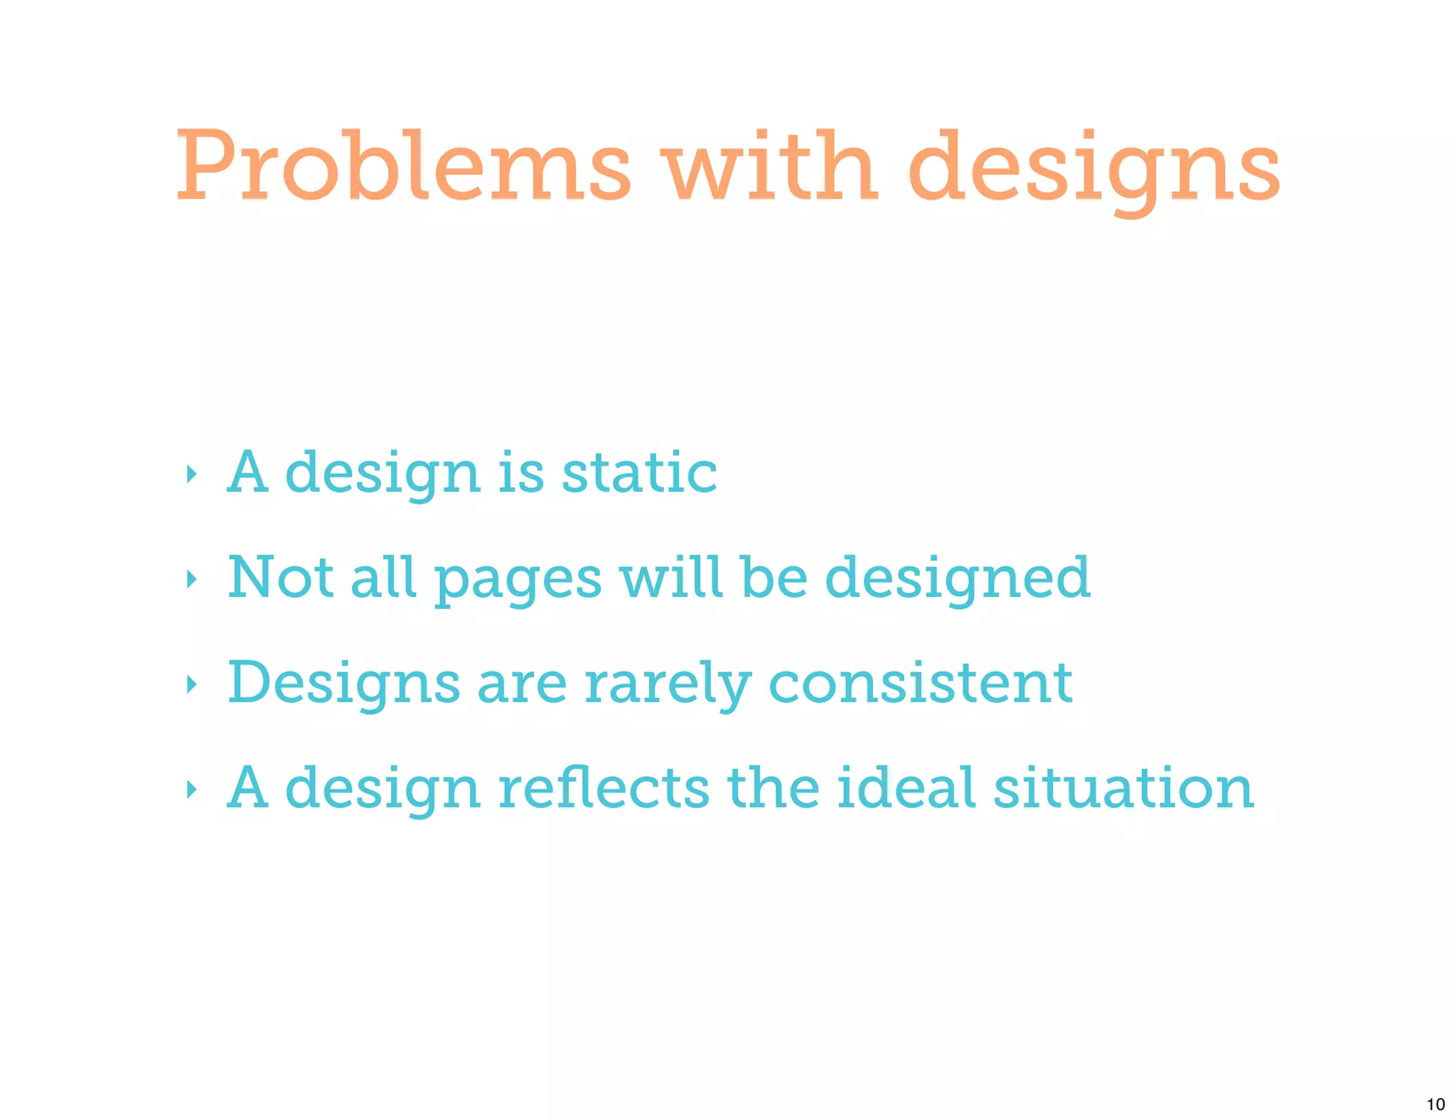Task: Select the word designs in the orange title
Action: (1094, 171)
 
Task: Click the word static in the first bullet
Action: (639, 473)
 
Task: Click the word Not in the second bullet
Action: (280, 577)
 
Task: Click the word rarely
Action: (667, 684)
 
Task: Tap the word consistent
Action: (921, 682)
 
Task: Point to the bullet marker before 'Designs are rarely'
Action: (191, 684)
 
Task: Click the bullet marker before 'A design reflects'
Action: (191, 789)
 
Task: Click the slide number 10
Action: (1435, 1104)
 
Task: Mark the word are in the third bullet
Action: (522, 684)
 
